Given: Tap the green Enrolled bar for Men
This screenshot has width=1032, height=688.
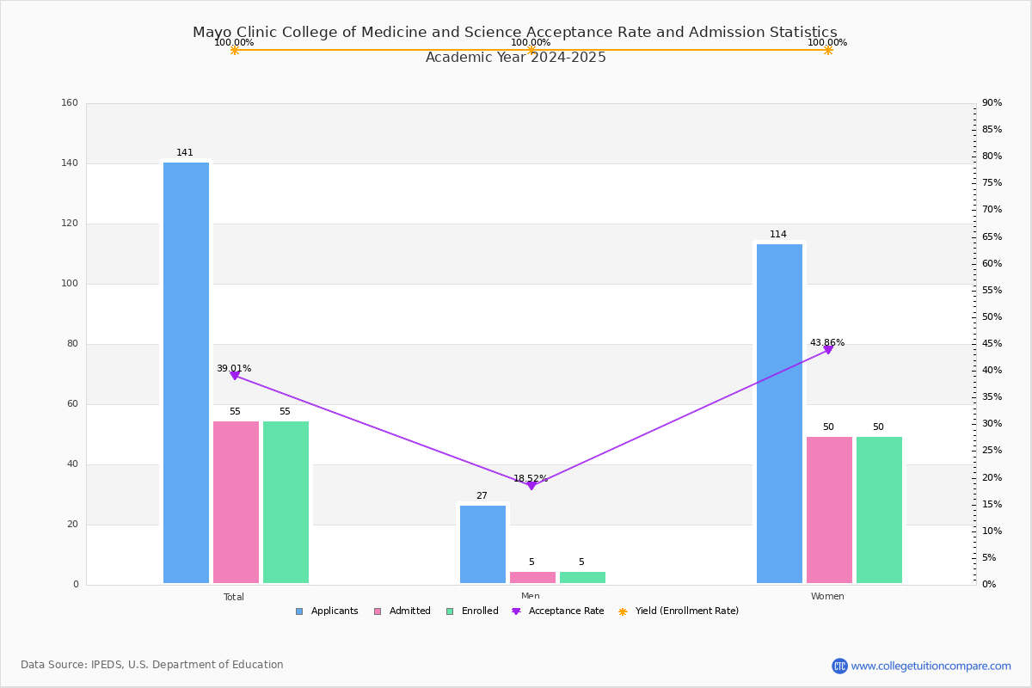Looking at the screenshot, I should (582, 577).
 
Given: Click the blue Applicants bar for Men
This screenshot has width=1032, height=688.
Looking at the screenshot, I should (482, 544).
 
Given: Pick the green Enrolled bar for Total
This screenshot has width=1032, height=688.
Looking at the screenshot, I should (286, 502).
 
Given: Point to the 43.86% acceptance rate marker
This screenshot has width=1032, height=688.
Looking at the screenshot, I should (827, 349).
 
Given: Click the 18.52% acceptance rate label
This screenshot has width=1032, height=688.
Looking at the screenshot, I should (531, 478).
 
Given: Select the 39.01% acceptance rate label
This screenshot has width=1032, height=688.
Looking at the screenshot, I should (234, 368).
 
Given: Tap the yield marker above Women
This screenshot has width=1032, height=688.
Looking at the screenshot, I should (827, 50).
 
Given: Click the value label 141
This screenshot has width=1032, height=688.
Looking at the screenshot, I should (185, 153).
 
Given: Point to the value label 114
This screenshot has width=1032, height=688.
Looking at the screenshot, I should (778, 235).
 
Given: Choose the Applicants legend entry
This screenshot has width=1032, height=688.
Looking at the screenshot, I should (327, 611).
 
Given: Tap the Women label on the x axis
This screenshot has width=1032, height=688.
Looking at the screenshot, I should (827, 597).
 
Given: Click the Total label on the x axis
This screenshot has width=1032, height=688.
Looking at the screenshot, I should (234, 597).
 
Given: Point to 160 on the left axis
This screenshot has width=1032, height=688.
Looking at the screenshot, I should (70, 103).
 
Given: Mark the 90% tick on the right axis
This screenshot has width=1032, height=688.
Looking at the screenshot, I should (992, 103).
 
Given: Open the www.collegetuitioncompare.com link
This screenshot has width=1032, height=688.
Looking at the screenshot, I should (931, 666).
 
